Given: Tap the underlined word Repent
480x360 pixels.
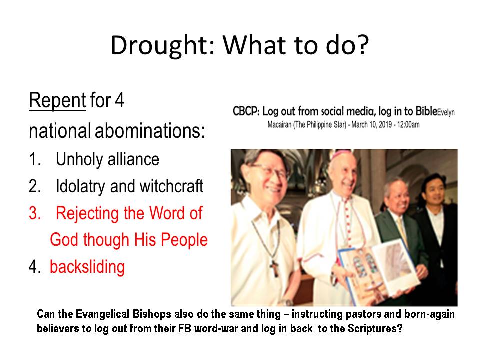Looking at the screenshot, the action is (57, 100).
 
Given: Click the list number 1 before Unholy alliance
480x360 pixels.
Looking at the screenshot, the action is (35, 159).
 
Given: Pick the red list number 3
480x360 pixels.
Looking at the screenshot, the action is (35, 213).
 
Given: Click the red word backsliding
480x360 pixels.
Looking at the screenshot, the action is (87, 267).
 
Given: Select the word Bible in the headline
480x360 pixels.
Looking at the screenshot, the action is (426, 111).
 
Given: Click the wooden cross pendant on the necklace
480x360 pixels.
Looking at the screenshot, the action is (274, 268).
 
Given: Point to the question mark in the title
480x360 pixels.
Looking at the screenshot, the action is (363, 45).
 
